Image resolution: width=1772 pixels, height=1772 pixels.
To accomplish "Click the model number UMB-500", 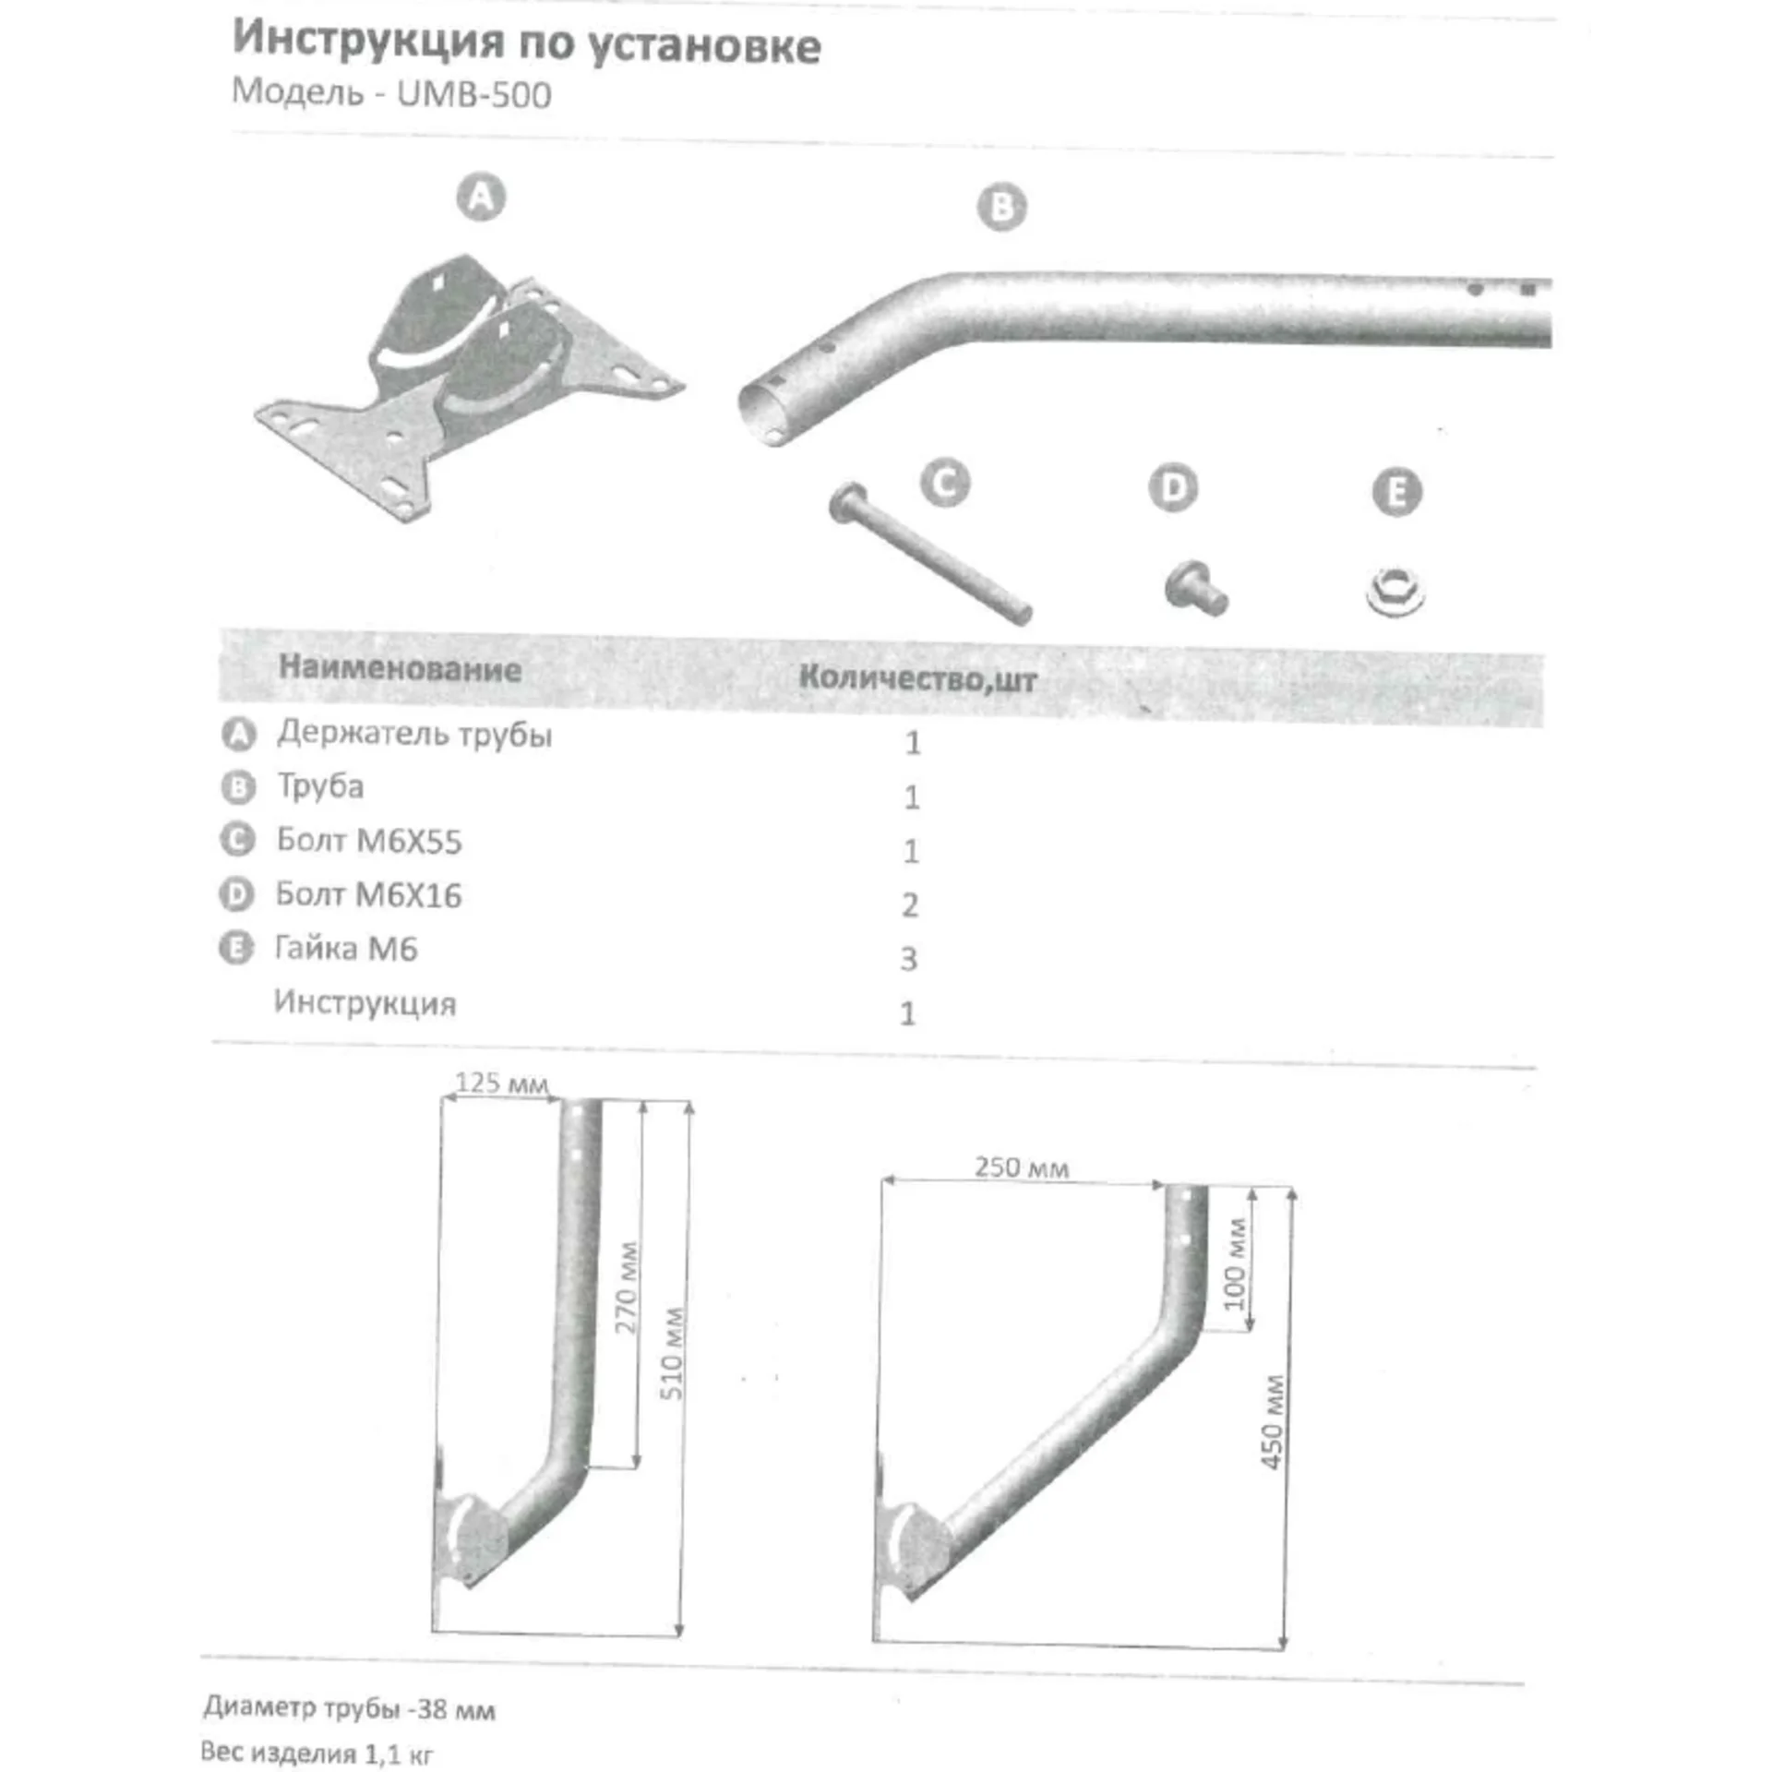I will (x=474, y=95).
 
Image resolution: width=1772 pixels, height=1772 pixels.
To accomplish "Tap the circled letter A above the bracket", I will (x=481, y=198).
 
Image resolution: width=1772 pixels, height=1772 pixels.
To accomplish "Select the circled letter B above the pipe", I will (x=1001, y=207).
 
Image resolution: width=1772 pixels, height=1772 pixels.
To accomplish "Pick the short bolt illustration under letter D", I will (x=1196, y=587).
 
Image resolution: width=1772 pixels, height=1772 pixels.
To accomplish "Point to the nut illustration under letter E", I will (x=1395, y=592).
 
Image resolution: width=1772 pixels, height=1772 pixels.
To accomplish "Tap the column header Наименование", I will (x=400, y=668).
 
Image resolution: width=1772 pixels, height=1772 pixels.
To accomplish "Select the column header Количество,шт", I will (x=917, y=678).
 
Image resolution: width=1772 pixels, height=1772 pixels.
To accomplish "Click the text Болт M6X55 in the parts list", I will (x=369, y=841).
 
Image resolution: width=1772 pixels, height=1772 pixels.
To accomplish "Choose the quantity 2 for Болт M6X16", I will (x=910, y=904).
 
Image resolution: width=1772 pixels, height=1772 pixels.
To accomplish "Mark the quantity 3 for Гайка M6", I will (x=909, y=959).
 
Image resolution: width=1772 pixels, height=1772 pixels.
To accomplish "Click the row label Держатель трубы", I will (x=414, y=735).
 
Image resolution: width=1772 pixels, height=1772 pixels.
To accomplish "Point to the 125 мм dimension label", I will (x=501, y=1083).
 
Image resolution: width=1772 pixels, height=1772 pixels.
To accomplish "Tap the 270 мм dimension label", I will (x=628, y=1287).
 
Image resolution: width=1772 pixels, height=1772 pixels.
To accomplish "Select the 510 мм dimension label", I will (x=674, y=1353).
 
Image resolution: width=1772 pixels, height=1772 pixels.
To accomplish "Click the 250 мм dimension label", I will (x=1022, y=1167).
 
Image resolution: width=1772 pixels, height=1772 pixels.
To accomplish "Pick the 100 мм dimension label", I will (x=1235, y=1263).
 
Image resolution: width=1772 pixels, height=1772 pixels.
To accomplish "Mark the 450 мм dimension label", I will (x=1272, y=1422).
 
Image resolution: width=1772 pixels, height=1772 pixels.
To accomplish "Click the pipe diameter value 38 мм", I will (x=456, y=1709).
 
